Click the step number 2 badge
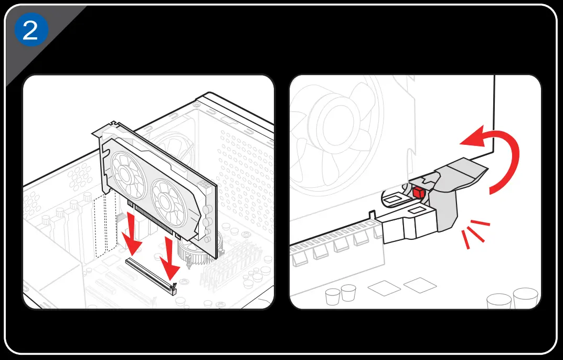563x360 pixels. [x=30, y=30]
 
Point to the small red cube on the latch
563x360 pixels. [x=418, y=193]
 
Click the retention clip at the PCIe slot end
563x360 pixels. [x=174, y=286]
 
